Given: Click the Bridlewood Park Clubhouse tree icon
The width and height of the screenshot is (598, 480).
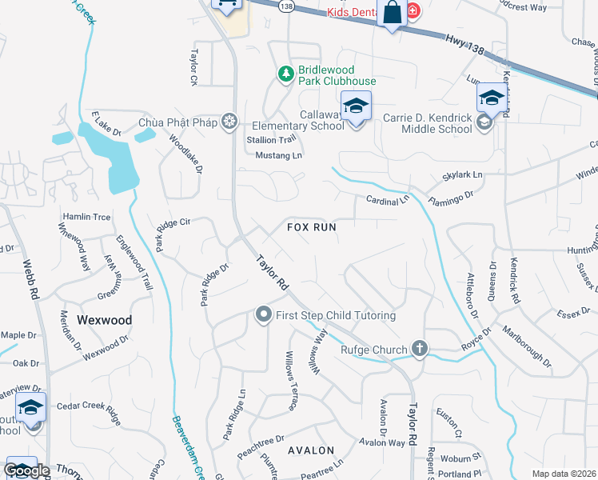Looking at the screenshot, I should [285, 74].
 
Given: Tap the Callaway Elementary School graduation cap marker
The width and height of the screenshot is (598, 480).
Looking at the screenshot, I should [356, 106].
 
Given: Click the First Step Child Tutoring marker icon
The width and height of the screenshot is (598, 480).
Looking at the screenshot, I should [264, 315].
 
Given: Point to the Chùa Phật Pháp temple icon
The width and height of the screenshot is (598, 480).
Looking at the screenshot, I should [229, 122].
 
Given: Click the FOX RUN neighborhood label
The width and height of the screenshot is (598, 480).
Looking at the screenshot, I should [311, 227].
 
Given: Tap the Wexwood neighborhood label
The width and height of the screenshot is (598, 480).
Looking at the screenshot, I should [104, 319].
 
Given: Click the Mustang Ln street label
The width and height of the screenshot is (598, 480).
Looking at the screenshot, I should [279, 154].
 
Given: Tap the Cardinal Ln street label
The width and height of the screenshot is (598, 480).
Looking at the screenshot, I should [387, 198].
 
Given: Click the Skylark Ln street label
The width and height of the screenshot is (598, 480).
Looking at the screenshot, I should [463, 174].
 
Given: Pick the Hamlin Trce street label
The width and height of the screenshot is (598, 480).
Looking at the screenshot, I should [87, 217].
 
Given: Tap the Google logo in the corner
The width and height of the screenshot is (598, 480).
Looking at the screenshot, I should [26, 470].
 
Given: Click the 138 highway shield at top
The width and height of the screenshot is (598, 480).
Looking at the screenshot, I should [286, 5].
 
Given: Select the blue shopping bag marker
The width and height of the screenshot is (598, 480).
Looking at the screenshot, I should [392, 13].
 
